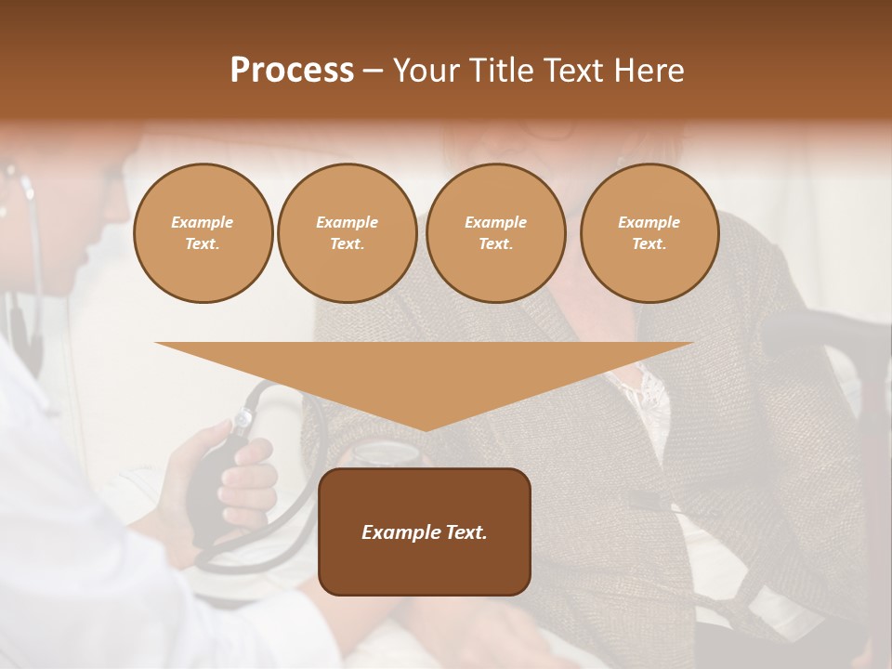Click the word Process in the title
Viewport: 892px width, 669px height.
tap(292, 71)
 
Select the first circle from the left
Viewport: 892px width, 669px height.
tap(203, 233)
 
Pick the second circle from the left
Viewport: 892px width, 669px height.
tap(348, 233)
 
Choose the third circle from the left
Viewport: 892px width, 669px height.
tap(496, 233)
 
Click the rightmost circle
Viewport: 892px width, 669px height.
tap(649, 233)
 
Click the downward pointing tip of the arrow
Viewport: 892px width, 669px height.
tap(425, 427)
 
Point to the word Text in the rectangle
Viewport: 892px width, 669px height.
tap(464, 532)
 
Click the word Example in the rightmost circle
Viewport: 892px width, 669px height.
tap(649, 222)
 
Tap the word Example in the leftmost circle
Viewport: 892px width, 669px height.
tap(203, 222)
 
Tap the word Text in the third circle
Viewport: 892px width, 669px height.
tap(496, 244)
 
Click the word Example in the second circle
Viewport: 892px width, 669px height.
tap(348, 222)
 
